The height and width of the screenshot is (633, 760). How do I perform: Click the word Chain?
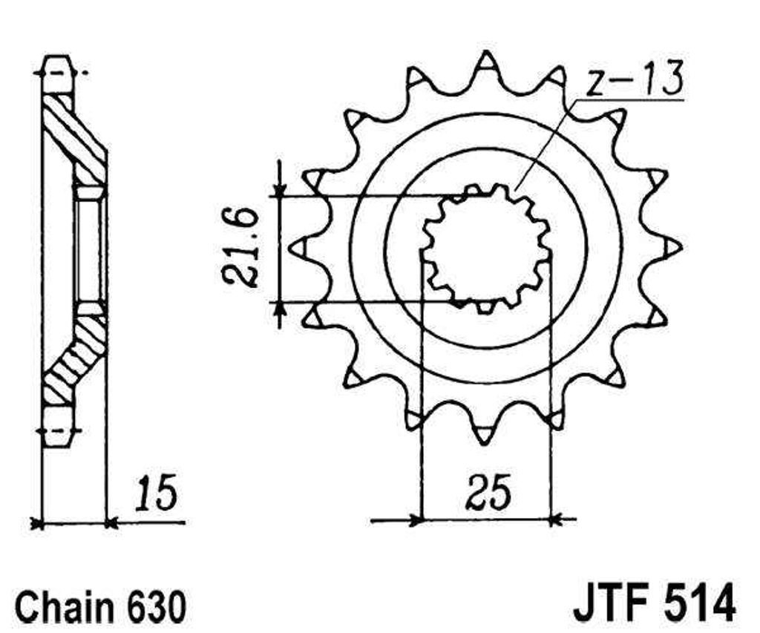point(65,607)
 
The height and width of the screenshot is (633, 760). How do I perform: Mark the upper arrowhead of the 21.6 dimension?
point(280,190)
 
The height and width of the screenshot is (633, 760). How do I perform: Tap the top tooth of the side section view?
point(59,74)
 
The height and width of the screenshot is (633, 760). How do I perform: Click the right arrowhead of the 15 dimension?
point(112,523)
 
